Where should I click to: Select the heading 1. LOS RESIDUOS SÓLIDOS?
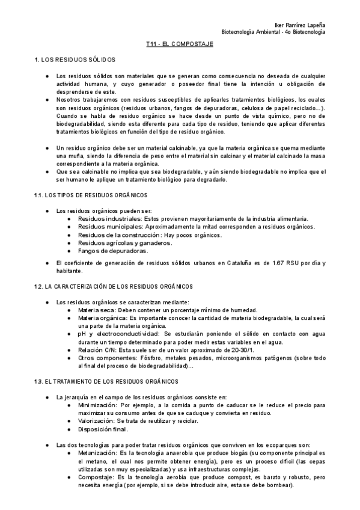tap(75, 60)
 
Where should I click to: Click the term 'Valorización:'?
tap(97, 421)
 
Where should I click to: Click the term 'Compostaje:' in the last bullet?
tap(97, 476)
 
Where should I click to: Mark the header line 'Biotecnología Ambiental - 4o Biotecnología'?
tap(273, 31)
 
